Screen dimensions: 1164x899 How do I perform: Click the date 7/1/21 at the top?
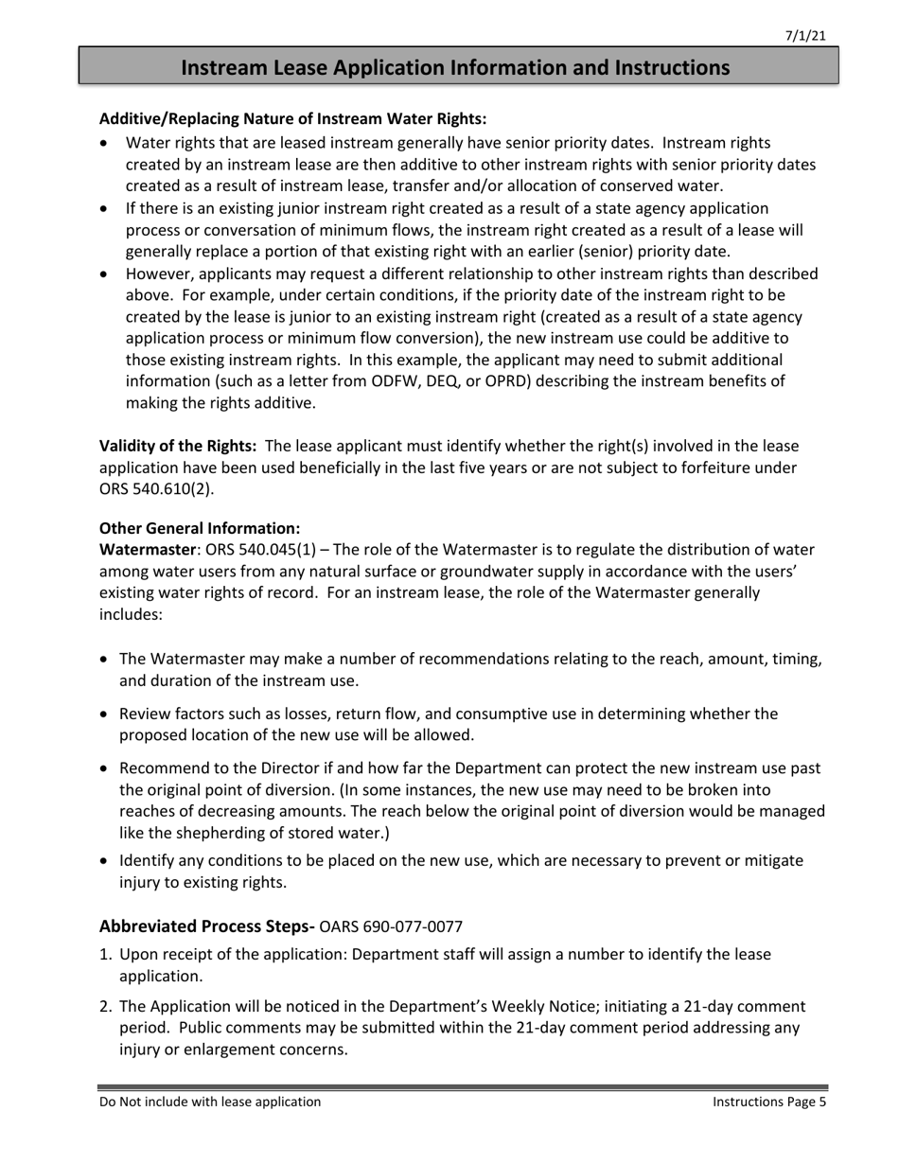[806, 36]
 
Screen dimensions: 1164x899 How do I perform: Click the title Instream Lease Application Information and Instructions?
[455, 67]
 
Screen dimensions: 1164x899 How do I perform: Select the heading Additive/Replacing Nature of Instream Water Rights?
[292, 119]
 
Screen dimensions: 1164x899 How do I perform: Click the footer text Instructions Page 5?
[769, 1102]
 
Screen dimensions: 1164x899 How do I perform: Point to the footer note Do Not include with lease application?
[210, 1102]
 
